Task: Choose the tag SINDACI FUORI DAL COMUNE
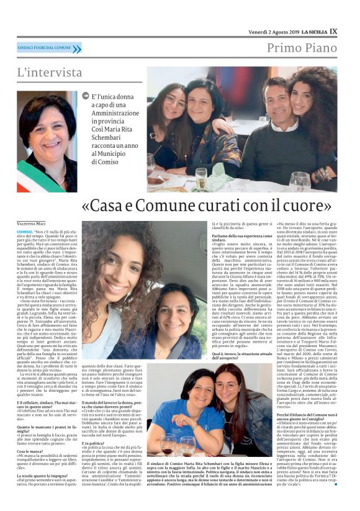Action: (45, 47)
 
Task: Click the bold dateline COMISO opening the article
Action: (24, 230)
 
